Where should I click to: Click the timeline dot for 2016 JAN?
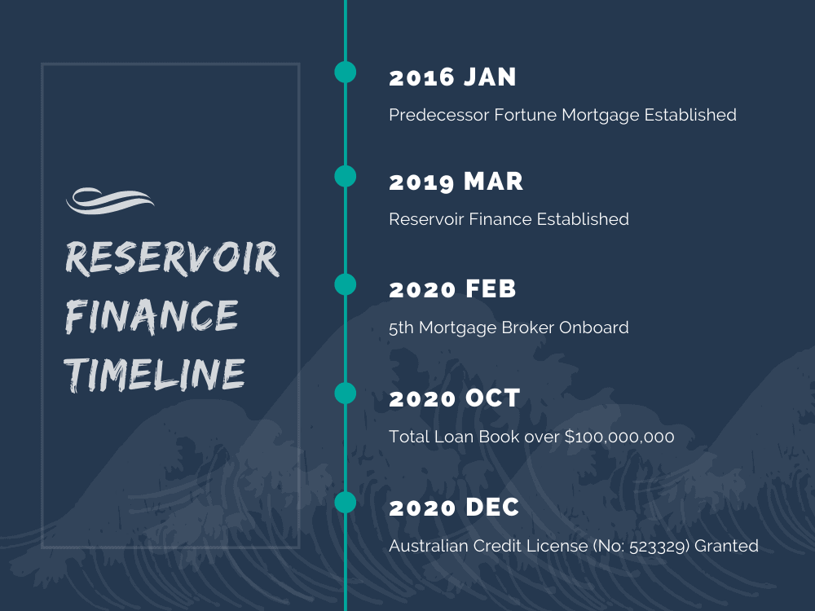click(345, 72)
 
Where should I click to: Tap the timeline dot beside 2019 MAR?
click(345, 176)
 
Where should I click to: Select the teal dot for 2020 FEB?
click(345, 284)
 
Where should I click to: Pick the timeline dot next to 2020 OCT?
click(345, 393)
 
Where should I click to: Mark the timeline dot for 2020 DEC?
click(345, 503)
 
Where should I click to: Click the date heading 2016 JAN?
click(452, 77)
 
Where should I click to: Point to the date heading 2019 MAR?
click(456, 182)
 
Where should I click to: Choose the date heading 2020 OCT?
click(455, 398)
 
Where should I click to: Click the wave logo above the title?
click(110, 200)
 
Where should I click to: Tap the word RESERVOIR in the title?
click(172, 257)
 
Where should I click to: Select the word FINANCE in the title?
click(152, 316)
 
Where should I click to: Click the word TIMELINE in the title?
click(154, 375)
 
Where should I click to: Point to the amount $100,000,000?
click(619, 437)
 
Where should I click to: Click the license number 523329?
click(659, 546)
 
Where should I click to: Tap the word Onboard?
click(593, 327)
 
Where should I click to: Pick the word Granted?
click(726, 546)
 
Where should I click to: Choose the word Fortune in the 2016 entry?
click(526, 115)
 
